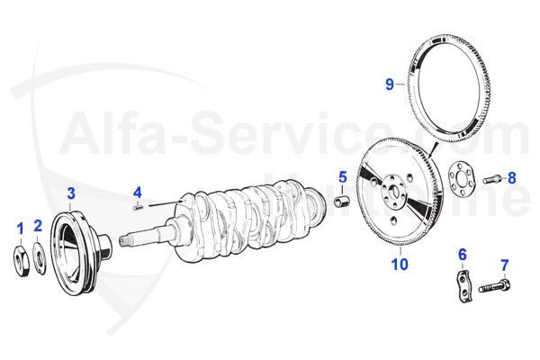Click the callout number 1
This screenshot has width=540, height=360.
pos(20,229)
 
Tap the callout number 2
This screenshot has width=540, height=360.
pos(38,225)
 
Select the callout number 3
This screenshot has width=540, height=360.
pos(71,192)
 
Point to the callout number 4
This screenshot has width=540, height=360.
pos(138,192)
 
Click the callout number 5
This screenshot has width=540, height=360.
pos(343,175)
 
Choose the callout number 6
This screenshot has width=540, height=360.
pos(463,255)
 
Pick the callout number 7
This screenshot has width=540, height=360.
pos(504,265)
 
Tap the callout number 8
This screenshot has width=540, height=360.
pos(511,177)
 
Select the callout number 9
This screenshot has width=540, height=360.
pos(390,85)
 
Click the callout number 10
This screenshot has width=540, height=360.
pos(400,264)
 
